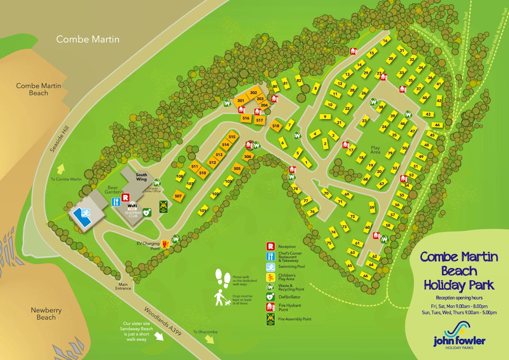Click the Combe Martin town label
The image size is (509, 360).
[x=88, y=39]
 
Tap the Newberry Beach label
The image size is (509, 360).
[x=46, y=314]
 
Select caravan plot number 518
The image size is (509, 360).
[x=276, y=126]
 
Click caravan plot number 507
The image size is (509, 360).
[x=178, y=196]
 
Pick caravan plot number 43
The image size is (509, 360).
[x=427, y=114]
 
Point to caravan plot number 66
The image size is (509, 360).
[x=365, y=276]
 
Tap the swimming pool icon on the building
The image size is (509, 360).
[x=85, y=212]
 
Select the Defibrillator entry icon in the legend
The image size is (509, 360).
[x=271, y=297]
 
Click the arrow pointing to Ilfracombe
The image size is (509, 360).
[x=210, y=339]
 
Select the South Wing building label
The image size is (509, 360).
[x=141, y=177]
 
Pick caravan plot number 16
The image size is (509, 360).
[x=385, y=41]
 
